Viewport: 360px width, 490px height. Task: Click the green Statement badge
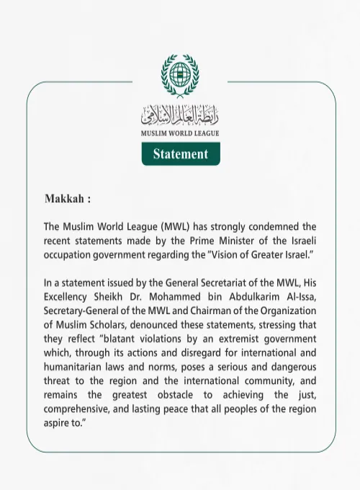coord(180,154)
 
